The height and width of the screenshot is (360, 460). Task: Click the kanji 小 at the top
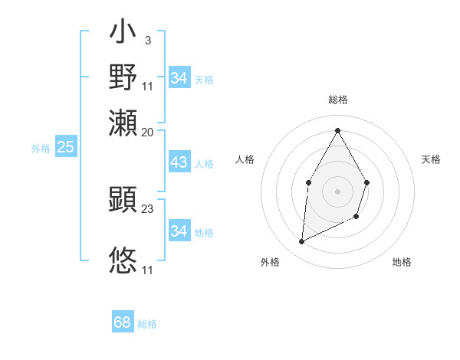(123, 35)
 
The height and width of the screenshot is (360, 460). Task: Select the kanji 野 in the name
(123, 77)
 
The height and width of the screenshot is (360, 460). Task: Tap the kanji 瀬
(123, 123)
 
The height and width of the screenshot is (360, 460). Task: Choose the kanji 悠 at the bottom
(123, 260)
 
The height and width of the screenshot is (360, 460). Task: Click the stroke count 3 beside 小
(147, 41)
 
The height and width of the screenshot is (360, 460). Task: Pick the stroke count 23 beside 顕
(148, 208)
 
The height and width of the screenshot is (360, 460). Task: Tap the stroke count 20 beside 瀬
(148, 132)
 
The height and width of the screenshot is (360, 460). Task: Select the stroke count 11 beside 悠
(148, 270)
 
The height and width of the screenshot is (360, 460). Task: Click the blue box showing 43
(179, 162)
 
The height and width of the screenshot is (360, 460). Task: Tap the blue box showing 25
(65, 147)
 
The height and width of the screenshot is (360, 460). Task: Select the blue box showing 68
(123, 322)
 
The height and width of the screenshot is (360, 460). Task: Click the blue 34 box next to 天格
(179, 78)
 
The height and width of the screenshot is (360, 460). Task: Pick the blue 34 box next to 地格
(179, 231)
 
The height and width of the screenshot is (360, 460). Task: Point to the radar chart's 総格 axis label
(337, 100)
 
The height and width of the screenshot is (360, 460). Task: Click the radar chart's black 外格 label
(270, 262)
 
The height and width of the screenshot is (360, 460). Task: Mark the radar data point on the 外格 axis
(302, 242)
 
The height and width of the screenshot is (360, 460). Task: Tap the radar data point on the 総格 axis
(337, 130)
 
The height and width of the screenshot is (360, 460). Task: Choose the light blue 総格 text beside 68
(147, 324)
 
